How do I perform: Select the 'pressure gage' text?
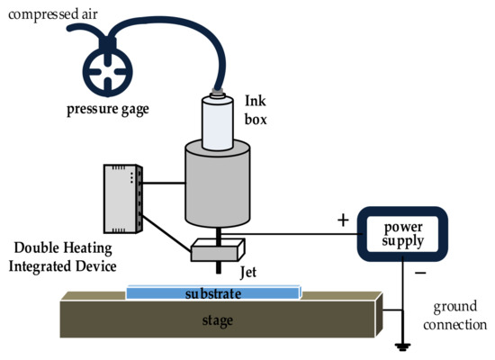106,110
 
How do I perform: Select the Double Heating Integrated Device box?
121,200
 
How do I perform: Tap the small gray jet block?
215,248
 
